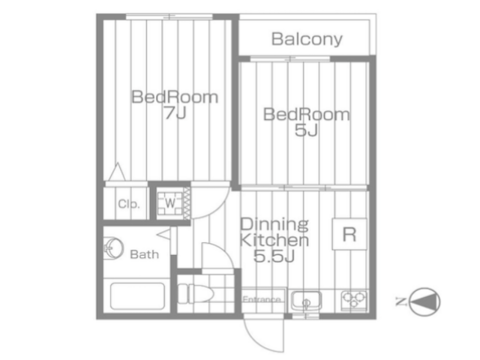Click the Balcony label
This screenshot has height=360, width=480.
click(307, 40)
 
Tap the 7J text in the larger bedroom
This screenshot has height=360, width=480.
click(175, 113)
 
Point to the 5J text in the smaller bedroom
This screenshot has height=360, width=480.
click(306, 130)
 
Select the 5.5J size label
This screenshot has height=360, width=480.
click(274, 256)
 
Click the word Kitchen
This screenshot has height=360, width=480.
click(274, 240)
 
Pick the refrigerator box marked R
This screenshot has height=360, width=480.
click(350, 234)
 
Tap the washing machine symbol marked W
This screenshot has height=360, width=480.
click(170, 203)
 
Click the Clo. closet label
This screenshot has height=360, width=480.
click(129, 204)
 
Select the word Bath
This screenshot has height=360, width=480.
click(144, 255)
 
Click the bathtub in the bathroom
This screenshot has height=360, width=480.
click(137, 296)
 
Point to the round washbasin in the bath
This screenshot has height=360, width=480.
click(113, 248)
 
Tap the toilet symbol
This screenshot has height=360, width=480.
click(195, 293)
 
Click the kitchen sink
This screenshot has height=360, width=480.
click(306, 301)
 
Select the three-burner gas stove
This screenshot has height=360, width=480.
click(354, 300)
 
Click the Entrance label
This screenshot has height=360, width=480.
click(262, 299)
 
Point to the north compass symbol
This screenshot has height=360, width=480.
click(424, 302)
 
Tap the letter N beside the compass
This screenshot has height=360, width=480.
click(400, 302)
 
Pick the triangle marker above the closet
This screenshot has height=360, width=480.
click(117, 172)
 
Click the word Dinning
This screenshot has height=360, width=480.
click(274, 225)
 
